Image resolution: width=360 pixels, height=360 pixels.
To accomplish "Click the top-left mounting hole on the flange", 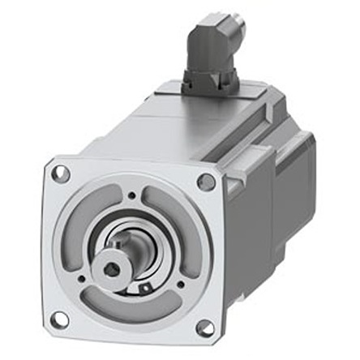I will tap(58, 173).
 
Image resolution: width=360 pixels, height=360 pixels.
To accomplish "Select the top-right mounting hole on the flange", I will tap(207, 181).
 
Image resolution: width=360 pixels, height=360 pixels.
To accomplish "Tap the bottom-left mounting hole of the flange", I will tap(58, 319).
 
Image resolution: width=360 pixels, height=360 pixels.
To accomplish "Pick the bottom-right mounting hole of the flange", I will tap(205, 328).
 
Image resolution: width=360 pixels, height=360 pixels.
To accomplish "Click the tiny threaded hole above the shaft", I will tap(131, 195).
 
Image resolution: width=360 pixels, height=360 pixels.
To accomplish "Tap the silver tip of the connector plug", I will tap(233, 28).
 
